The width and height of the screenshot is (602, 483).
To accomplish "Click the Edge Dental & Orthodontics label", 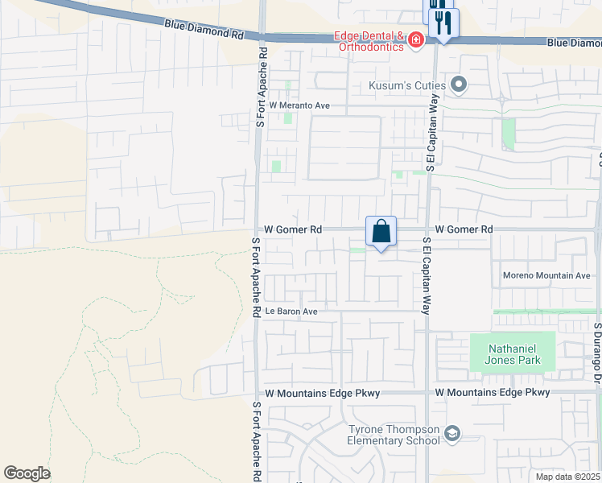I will [x=371, y=41].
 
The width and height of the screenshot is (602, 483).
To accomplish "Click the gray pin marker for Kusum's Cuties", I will [x=460, y=84].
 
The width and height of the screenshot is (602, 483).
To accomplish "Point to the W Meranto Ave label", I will [x=299, y=105].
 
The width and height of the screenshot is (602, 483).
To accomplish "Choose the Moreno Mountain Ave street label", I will [x=546, y=275].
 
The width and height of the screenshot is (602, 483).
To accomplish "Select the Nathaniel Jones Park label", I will [x=513, y=355].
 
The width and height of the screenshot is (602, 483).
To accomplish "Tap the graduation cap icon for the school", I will [x=452, y=435].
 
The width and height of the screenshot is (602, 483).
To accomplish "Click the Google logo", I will [x=27, y=473].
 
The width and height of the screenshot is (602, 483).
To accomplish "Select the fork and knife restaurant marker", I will [x=442, y=23].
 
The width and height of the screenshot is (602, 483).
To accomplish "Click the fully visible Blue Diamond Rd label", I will [x=204, y=31].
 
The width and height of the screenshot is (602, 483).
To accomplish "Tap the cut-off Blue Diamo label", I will [x=573, y=42].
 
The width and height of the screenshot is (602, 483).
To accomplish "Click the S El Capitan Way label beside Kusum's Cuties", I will [x=433, y=130].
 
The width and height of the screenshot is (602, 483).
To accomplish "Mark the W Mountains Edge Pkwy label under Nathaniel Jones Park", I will [x=493, y=392].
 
